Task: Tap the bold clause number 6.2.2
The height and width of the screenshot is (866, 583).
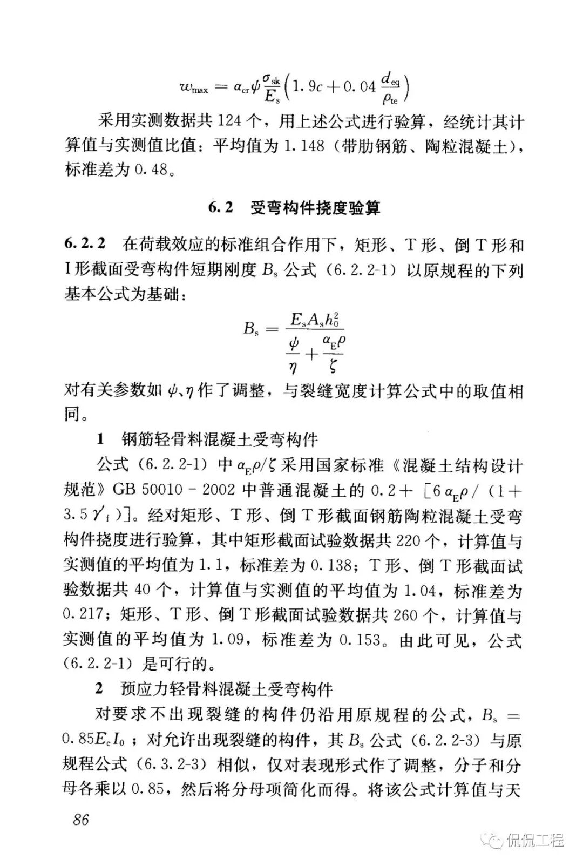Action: click(x=85, y=246)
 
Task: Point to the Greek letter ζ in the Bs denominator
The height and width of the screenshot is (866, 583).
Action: click(x=333, y=367)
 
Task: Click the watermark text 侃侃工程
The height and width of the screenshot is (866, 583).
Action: click(x=535, y=840)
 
